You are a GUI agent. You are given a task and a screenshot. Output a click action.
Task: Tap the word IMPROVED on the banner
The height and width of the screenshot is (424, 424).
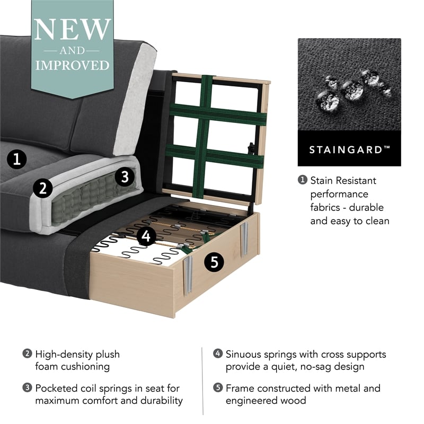coord(72,65)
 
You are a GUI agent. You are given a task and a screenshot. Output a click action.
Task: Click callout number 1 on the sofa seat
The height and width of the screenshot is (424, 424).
coord(17,158)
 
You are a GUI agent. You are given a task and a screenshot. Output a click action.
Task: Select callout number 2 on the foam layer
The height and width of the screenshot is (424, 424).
coord(41,188)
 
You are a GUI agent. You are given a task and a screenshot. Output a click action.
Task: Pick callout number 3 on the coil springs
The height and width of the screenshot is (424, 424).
coord(124,177)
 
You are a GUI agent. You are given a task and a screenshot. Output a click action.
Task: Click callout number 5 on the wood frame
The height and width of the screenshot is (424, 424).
coord(214,262)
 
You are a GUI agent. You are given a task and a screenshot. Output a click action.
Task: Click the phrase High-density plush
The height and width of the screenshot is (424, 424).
coord(77,354)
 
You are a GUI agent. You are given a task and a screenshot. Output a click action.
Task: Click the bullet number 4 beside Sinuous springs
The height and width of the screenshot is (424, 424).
coord(218,354)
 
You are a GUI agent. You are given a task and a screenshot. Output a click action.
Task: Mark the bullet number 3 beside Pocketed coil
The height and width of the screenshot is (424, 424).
coord(27,388)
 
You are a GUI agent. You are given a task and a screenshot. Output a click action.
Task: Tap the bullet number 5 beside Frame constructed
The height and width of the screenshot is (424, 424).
coord(218,388)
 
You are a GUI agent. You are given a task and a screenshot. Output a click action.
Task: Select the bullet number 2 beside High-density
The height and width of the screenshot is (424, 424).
coord(27,354)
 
